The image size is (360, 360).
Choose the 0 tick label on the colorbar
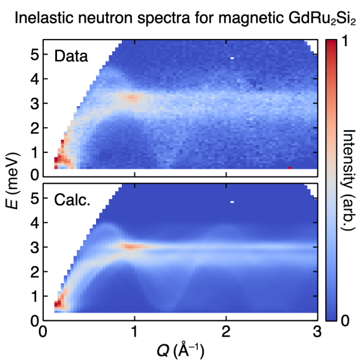pyautogui.click(x=342, y=322)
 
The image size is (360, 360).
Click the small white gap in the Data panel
pyautogui.click(x=232, y=58)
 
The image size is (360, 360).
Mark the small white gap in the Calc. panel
pyautogui.click(x=232, y=202)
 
